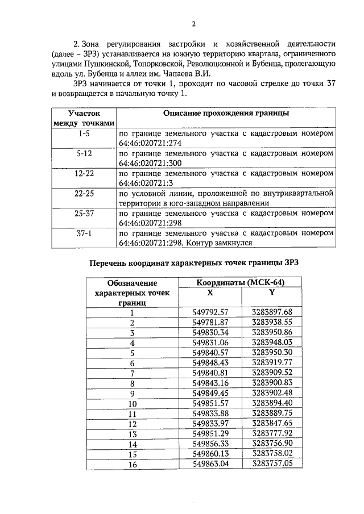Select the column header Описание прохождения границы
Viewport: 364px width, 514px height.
(x=226, y=114)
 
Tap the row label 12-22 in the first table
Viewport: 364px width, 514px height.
(x=84, y=174)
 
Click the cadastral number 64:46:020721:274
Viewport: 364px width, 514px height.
(x=150, y=143)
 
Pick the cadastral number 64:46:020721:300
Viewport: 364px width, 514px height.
(x=150, y=163)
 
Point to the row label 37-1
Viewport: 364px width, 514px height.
(x=84, y=233)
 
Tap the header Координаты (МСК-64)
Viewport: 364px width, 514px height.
(x=241, y=282)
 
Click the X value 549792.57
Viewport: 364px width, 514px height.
(x=210, y=312)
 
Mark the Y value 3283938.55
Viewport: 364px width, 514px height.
(x=271, y=322)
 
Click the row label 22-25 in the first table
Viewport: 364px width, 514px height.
(x=84, y=194)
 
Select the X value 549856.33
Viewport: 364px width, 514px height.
(x=210, y=444)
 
